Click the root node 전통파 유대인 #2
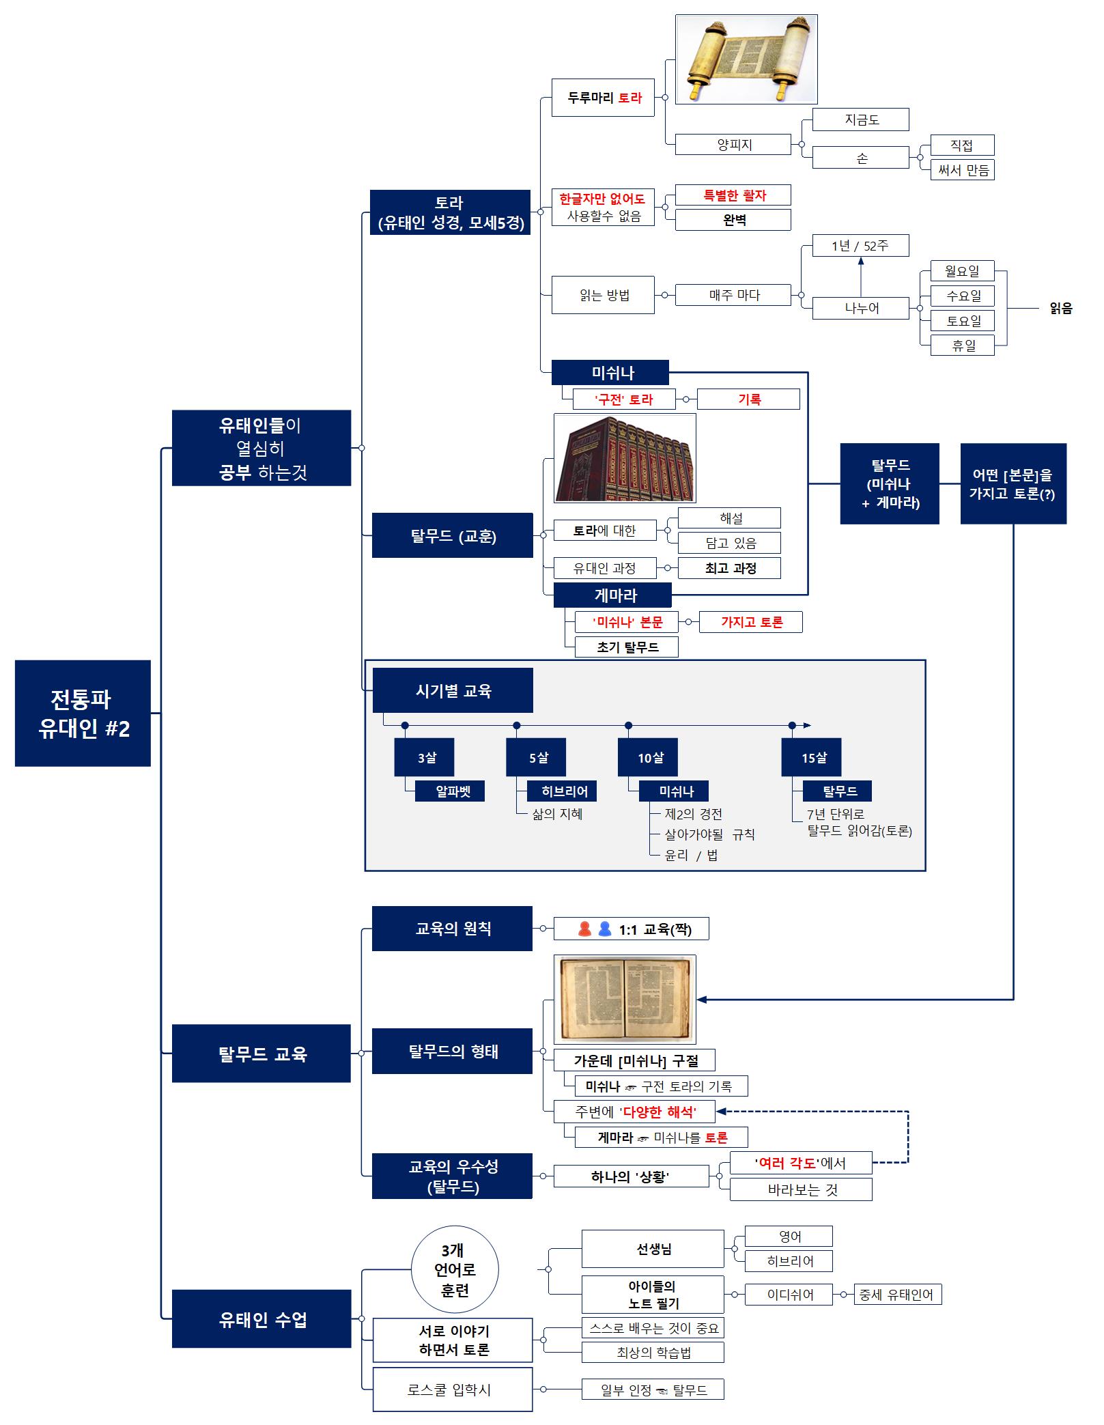pos(83,713)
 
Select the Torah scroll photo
pos(746,59)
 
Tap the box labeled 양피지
pos(733,145)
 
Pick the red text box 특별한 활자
pos(733,195)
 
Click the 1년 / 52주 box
pos(860,246)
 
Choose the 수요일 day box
pos(963,296)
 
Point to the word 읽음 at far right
pos(1060,309)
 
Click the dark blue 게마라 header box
pos(612,595)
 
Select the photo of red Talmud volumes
pos(625,458)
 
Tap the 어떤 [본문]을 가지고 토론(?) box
pos(1013,483)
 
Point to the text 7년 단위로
pos(836,814)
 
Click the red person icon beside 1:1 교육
pos(584,929)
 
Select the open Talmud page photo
pos(625,1000)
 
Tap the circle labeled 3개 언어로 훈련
pos(455,1270)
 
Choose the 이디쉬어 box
pos(789,1295)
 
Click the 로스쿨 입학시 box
pos(452,1389)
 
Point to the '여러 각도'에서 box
pos(800,1163)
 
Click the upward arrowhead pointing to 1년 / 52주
pos(860,262)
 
